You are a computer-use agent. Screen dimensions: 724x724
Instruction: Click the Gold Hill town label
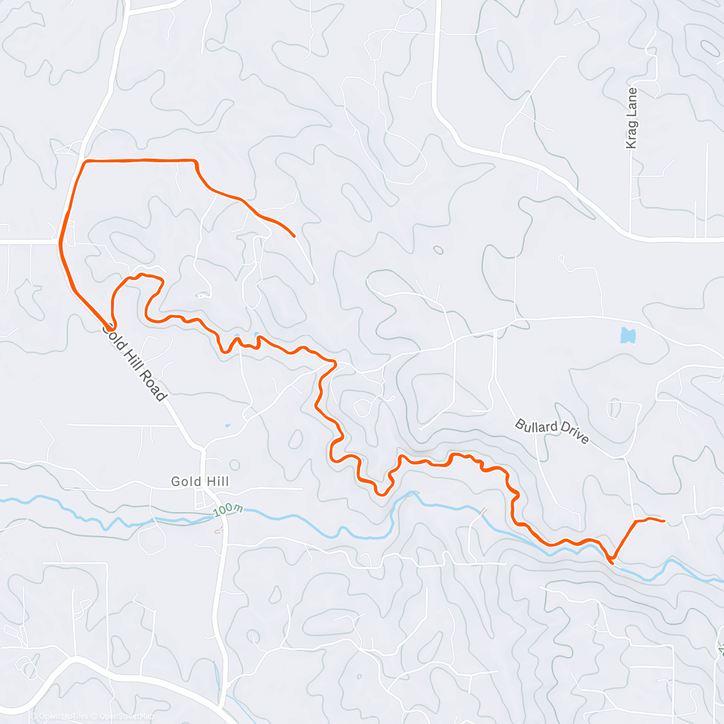[200, 481]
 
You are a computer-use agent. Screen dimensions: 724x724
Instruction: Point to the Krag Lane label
[632, 118]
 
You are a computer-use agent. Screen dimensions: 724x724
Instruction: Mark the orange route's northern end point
[294, 236]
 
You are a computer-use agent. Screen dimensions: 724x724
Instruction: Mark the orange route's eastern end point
[664, 520]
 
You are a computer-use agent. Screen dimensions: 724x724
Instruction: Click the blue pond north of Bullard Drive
[628, 335]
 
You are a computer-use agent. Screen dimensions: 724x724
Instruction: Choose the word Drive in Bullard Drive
[574, 436]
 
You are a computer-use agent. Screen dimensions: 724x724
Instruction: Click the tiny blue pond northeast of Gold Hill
[227, 425]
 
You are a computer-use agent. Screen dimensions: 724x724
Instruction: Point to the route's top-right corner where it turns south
[195, 161]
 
